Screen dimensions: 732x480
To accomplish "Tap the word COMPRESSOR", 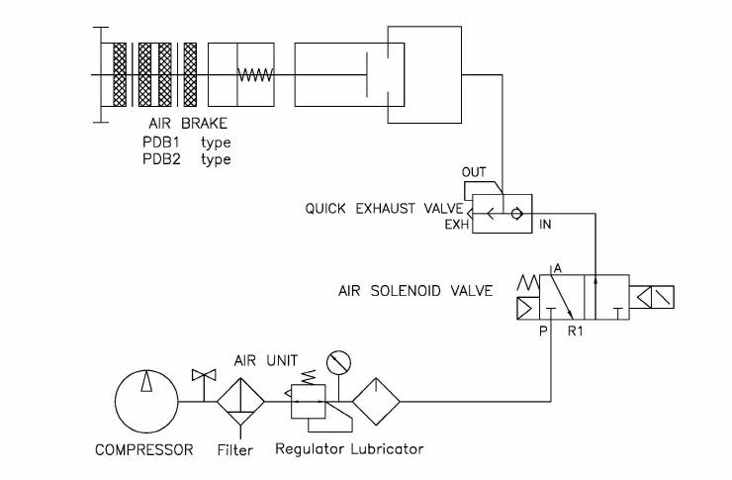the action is tap(143, 449).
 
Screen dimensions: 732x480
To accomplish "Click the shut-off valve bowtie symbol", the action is tap(204, 374).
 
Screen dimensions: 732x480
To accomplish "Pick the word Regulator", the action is tap(310, 449).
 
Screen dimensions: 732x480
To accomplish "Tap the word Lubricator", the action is tap(387, 449).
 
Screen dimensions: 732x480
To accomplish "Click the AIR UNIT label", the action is tap(266, 360).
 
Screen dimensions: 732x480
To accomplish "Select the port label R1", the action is tap(575, 331).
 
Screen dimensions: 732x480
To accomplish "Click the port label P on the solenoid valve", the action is tap(543, 331).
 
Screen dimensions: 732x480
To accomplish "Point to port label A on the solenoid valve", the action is tap(558, 269).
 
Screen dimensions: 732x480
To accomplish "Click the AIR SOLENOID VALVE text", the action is tap(415, 291).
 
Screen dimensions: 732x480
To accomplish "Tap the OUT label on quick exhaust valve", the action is tap(474, 172).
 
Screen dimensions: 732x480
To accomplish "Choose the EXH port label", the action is tap(456, 225).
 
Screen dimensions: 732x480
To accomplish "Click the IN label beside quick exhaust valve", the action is tap(545, 225).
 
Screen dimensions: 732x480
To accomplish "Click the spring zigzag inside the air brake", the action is tap(255, 74).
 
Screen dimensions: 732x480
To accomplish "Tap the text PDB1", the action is tap(160, 142).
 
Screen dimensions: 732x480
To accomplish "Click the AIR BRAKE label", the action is tap(188, 124).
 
